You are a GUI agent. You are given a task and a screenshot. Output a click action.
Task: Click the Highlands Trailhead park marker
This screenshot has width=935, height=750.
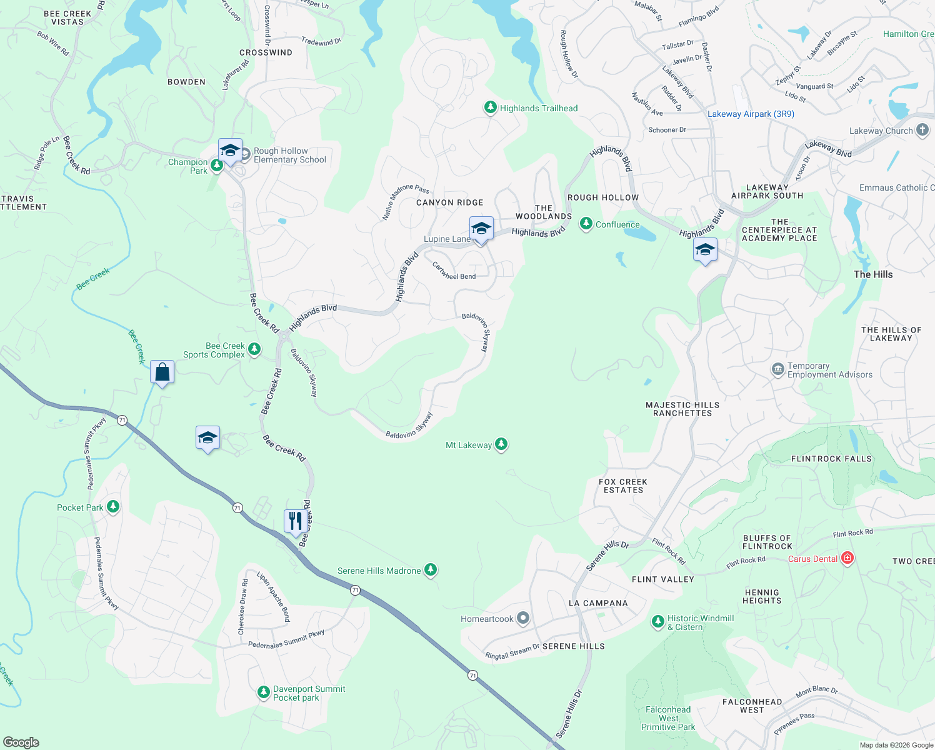coord(491,108)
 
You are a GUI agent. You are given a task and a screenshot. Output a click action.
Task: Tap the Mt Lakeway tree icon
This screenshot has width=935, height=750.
coord(501,444)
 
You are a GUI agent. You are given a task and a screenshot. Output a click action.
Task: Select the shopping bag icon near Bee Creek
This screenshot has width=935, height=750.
coord(162,372)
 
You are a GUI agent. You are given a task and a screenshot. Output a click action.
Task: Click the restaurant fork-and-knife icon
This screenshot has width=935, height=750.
coord(296,521)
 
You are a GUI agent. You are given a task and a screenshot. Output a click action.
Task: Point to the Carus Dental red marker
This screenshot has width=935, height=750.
coord(847,558)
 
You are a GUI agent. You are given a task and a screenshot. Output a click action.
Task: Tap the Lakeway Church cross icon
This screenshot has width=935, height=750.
coord(922,130)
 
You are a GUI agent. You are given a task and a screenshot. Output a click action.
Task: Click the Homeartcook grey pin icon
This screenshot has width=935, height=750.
coord(523,619)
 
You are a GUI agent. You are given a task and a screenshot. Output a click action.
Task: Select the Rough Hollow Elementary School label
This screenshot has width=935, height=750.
coord(289,156)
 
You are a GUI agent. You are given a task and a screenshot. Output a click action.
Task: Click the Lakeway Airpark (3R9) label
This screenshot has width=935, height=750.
coord(751,114)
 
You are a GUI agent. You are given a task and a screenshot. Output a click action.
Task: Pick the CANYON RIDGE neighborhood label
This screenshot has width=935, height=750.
coord(449,202)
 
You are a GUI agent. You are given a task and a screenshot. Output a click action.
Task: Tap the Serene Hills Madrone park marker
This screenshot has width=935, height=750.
coord(431,570)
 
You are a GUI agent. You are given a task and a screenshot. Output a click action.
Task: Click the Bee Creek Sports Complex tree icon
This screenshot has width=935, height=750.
coord(254,349)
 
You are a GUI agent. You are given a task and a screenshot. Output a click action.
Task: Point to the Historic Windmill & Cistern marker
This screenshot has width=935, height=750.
coord(657,621)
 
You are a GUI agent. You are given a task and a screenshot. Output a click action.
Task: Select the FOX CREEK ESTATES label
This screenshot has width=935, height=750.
coord(622,486)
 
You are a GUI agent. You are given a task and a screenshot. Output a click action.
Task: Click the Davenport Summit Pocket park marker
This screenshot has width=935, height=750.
coord(264,692)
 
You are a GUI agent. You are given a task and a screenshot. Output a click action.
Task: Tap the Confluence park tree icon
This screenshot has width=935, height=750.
coord(586,224)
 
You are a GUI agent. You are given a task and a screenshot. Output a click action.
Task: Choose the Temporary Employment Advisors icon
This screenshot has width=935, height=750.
coord(778,369)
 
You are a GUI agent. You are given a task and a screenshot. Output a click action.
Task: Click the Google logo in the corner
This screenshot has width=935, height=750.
coord(21,742)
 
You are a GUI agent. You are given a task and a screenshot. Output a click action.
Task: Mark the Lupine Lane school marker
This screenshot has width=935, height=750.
coord(481,229)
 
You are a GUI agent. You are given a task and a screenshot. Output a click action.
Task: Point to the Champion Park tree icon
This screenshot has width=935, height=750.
coord(216,166)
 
